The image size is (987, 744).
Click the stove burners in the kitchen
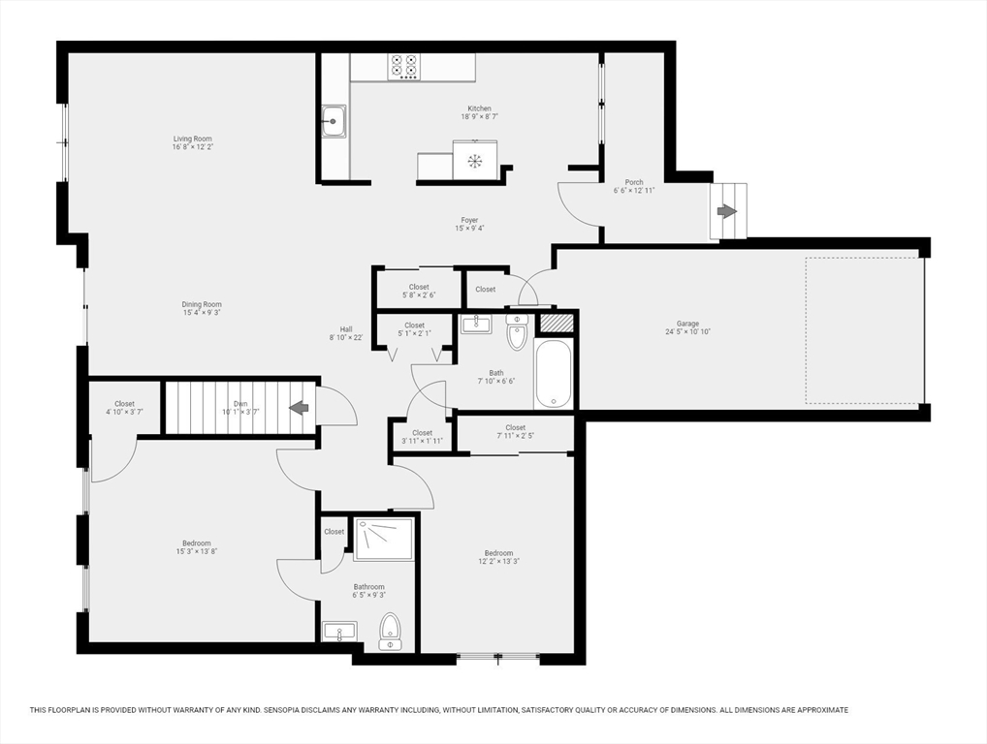[x=403, y=66]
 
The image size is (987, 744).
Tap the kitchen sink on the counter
[x=334, y=122]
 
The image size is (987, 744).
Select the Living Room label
[x=192, y=139]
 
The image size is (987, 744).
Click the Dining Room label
[x=202, y=304]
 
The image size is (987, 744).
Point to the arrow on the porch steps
[x=725, y=211]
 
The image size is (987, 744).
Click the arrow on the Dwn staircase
[x=299, y=408]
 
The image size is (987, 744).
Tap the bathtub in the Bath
[x=554, y=374]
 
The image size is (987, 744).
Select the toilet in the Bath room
[x=517, y=333]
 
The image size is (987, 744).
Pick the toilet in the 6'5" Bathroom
[x=390, y=631]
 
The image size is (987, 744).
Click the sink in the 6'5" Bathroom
[x=339, y=633]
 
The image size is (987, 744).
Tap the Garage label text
[x=687, y=324]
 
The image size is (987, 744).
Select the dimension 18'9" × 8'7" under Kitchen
[x=479, y=117]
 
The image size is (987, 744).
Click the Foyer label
[x=469, y=220]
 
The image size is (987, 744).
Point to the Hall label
[x=346, y=328]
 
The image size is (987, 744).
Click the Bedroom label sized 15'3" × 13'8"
[x=196, y=543]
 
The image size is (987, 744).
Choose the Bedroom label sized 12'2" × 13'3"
[x=498, y=553]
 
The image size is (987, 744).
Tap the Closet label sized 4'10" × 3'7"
[x=124, y=404]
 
